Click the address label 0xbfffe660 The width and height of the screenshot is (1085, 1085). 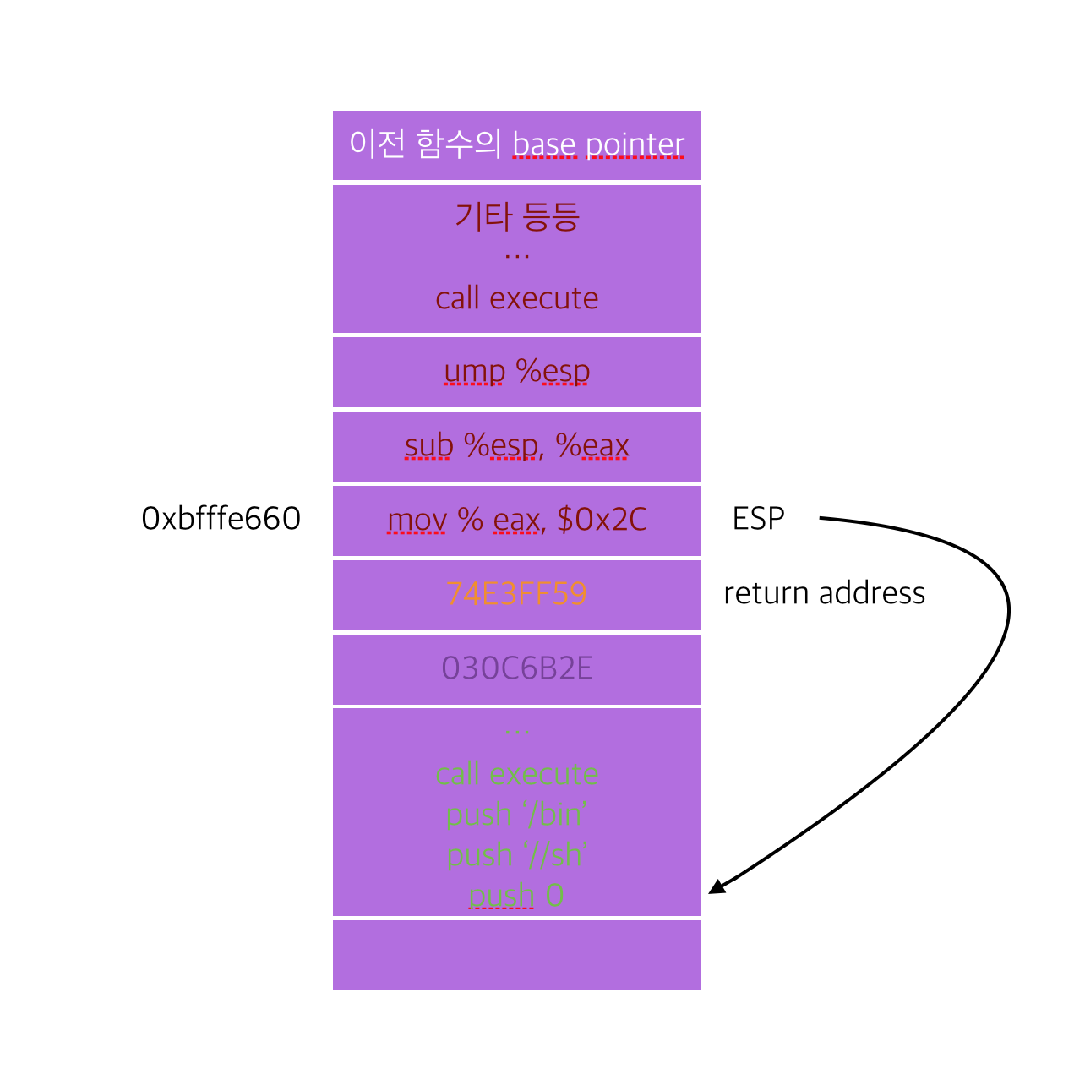coord(221,519)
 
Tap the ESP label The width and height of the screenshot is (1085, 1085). coord(758,519)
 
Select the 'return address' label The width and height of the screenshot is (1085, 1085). coord(824,593)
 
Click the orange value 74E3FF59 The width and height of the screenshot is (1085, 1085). coord(516,594)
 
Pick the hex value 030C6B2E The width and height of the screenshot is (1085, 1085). coord(516,668)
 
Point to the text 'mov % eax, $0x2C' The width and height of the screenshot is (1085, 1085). coord(516,520)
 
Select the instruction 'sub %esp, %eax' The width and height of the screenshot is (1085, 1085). coord(516,446)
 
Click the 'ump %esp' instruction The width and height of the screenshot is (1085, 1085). coord(516,372)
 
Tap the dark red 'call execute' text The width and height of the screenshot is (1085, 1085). coord(516,298)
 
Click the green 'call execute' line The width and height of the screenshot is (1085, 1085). coord(516,774)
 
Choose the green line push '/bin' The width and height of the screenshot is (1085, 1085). coord(516,815)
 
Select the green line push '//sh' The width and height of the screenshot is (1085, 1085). coord(516,855)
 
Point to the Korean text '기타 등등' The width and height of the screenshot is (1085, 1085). coord(516,216)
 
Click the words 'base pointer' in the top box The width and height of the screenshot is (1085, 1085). coord(598,145)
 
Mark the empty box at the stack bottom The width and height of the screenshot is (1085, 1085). coord(516,955)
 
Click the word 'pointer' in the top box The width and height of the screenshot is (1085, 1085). coord(635,145)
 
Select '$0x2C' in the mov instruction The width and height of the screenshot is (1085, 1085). coord(602,520)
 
